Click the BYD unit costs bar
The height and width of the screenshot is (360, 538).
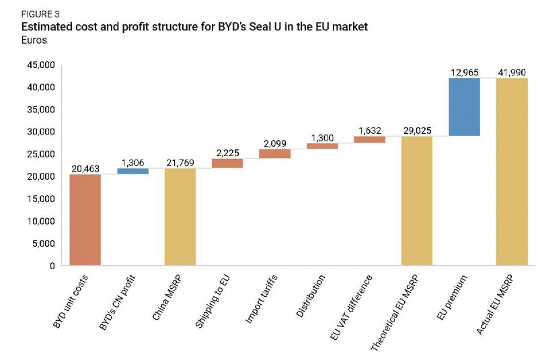(85, 219)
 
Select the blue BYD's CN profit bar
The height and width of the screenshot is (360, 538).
(132, 171)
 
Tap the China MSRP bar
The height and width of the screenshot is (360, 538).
(180, 217)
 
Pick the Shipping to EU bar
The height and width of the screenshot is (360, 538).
(227, 163)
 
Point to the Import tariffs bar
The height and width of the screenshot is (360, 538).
(274, 153)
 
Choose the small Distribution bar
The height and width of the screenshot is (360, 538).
(322, 145)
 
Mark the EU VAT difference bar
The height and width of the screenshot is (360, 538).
(369, 139)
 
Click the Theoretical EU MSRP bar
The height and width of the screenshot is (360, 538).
(417, 201)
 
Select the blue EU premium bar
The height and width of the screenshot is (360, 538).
(464, 107)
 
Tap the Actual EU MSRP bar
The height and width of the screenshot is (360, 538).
(512, 172)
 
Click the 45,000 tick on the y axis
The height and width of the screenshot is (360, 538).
(41, 65)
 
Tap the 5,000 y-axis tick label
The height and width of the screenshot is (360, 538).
(44, 244)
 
